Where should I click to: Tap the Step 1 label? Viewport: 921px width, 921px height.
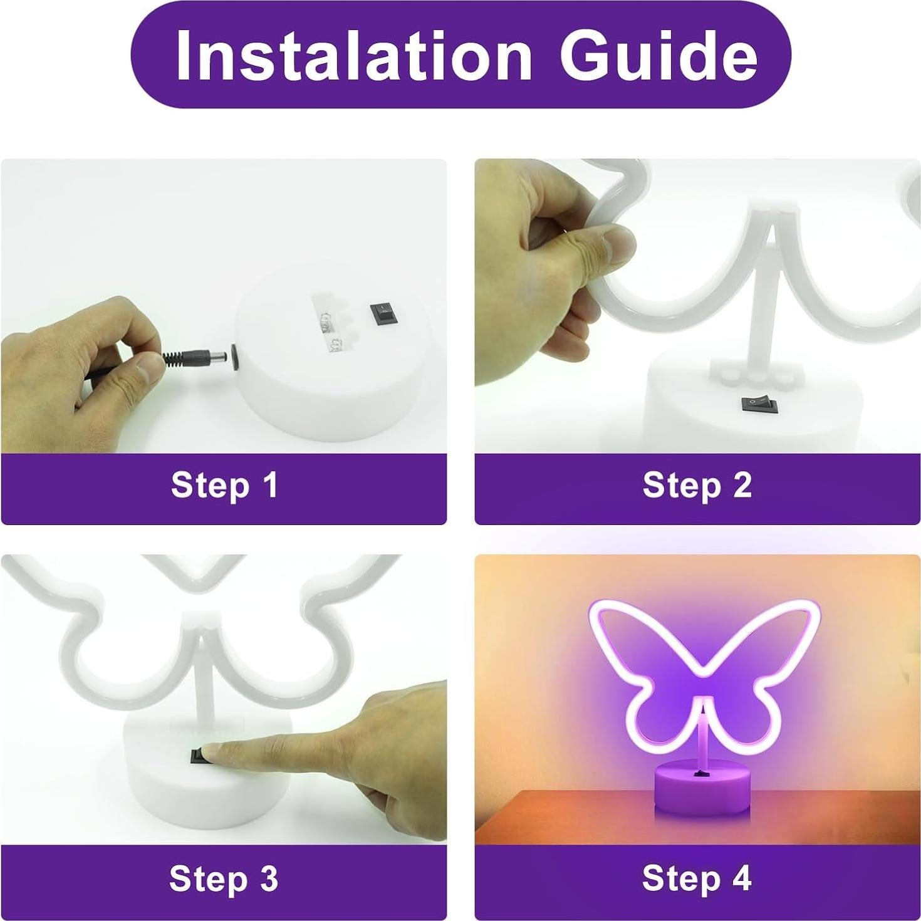224,486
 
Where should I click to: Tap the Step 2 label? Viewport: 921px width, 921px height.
697,486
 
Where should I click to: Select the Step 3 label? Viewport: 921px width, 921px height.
224,878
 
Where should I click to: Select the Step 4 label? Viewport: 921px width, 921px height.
697,878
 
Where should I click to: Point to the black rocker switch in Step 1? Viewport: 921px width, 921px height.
382,313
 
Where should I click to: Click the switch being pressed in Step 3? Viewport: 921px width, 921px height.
199,756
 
